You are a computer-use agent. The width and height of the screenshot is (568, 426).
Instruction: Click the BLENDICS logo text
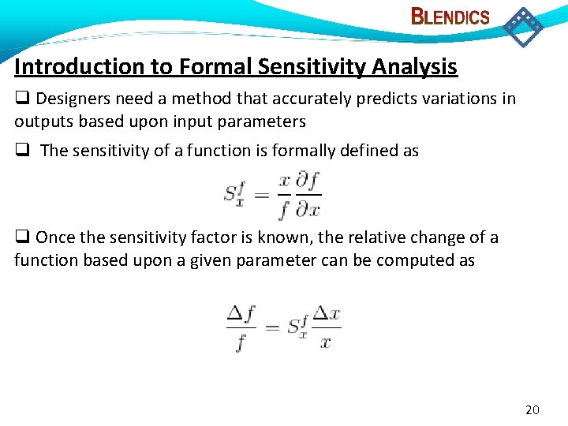[x=450, y=17]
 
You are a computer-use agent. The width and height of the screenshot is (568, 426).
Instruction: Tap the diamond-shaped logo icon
[x=523, y=26]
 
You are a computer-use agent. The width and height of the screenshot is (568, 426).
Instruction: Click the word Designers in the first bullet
[x=72, y=99]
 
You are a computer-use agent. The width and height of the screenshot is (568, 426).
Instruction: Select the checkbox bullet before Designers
[x=22, y=99]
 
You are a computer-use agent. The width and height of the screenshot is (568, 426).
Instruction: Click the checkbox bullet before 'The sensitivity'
[x=22, y=151]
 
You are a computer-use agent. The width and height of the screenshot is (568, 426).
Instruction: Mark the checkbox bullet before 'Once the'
[x=22, y=237]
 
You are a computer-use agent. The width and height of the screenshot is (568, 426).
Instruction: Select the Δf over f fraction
[x=241, y=327]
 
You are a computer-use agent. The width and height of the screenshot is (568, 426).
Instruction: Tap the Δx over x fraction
[x=326, y=327]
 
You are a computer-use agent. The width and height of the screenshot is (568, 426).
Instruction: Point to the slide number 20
[x=532, y=409]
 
